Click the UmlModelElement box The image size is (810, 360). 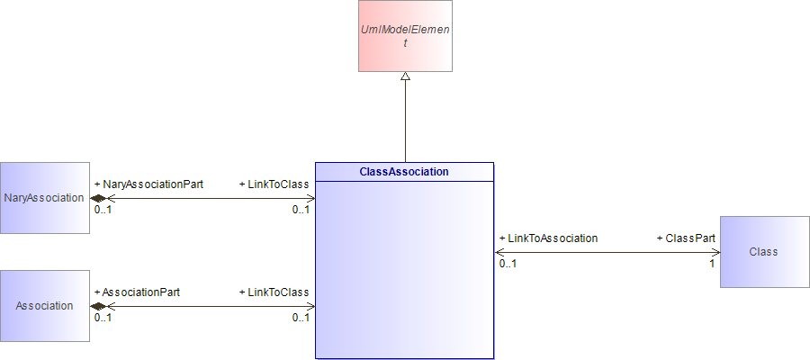pos(406,36)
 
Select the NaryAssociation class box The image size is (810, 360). pos(45,198)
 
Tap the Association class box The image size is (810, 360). pos(45,306)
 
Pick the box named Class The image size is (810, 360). pos(765,252)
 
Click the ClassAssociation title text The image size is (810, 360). pos(404,172)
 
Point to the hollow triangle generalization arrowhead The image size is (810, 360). pos(406,76)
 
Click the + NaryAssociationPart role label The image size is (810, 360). pos(149,184)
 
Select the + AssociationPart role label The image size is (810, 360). pos(138,292)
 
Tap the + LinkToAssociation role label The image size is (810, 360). pos(549,238)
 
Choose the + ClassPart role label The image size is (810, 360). pos(686,238)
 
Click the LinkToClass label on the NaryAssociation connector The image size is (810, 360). pos(274,184)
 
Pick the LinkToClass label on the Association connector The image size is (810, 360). pos(274,292)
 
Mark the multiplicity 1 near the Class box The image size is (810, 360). pos(712,264)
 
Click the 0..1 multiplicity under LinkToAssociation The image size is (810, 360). pos(508,264)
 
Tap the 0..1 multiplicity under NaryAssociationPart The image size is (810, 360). pos(103,210)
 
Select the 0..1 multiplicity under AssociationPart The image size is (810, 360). pos(103,318)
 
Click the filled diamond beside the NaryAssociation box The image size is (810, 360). pos(97,198)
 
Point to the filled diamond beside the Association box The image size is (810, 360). pos(97,306)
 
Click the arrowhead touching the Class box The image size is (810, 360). pos(715,253)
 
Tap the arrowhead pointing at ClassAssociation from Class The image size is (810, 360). pos(499,253)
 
